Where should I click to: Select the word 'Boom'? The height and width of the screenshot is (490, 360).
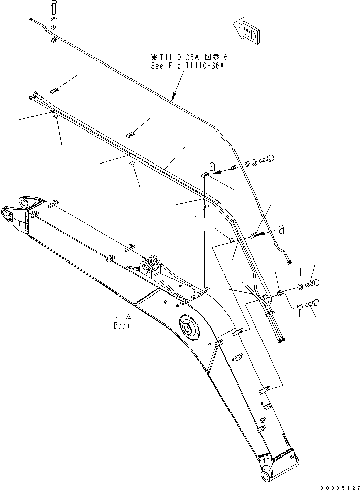click(x=122, y=325)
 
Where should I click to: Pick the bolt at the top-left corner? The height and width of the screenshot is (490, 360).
click(x=54, y=8)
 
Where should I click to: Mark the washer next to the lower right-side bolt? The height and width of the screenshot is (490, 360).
click(x=300, y=307)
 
